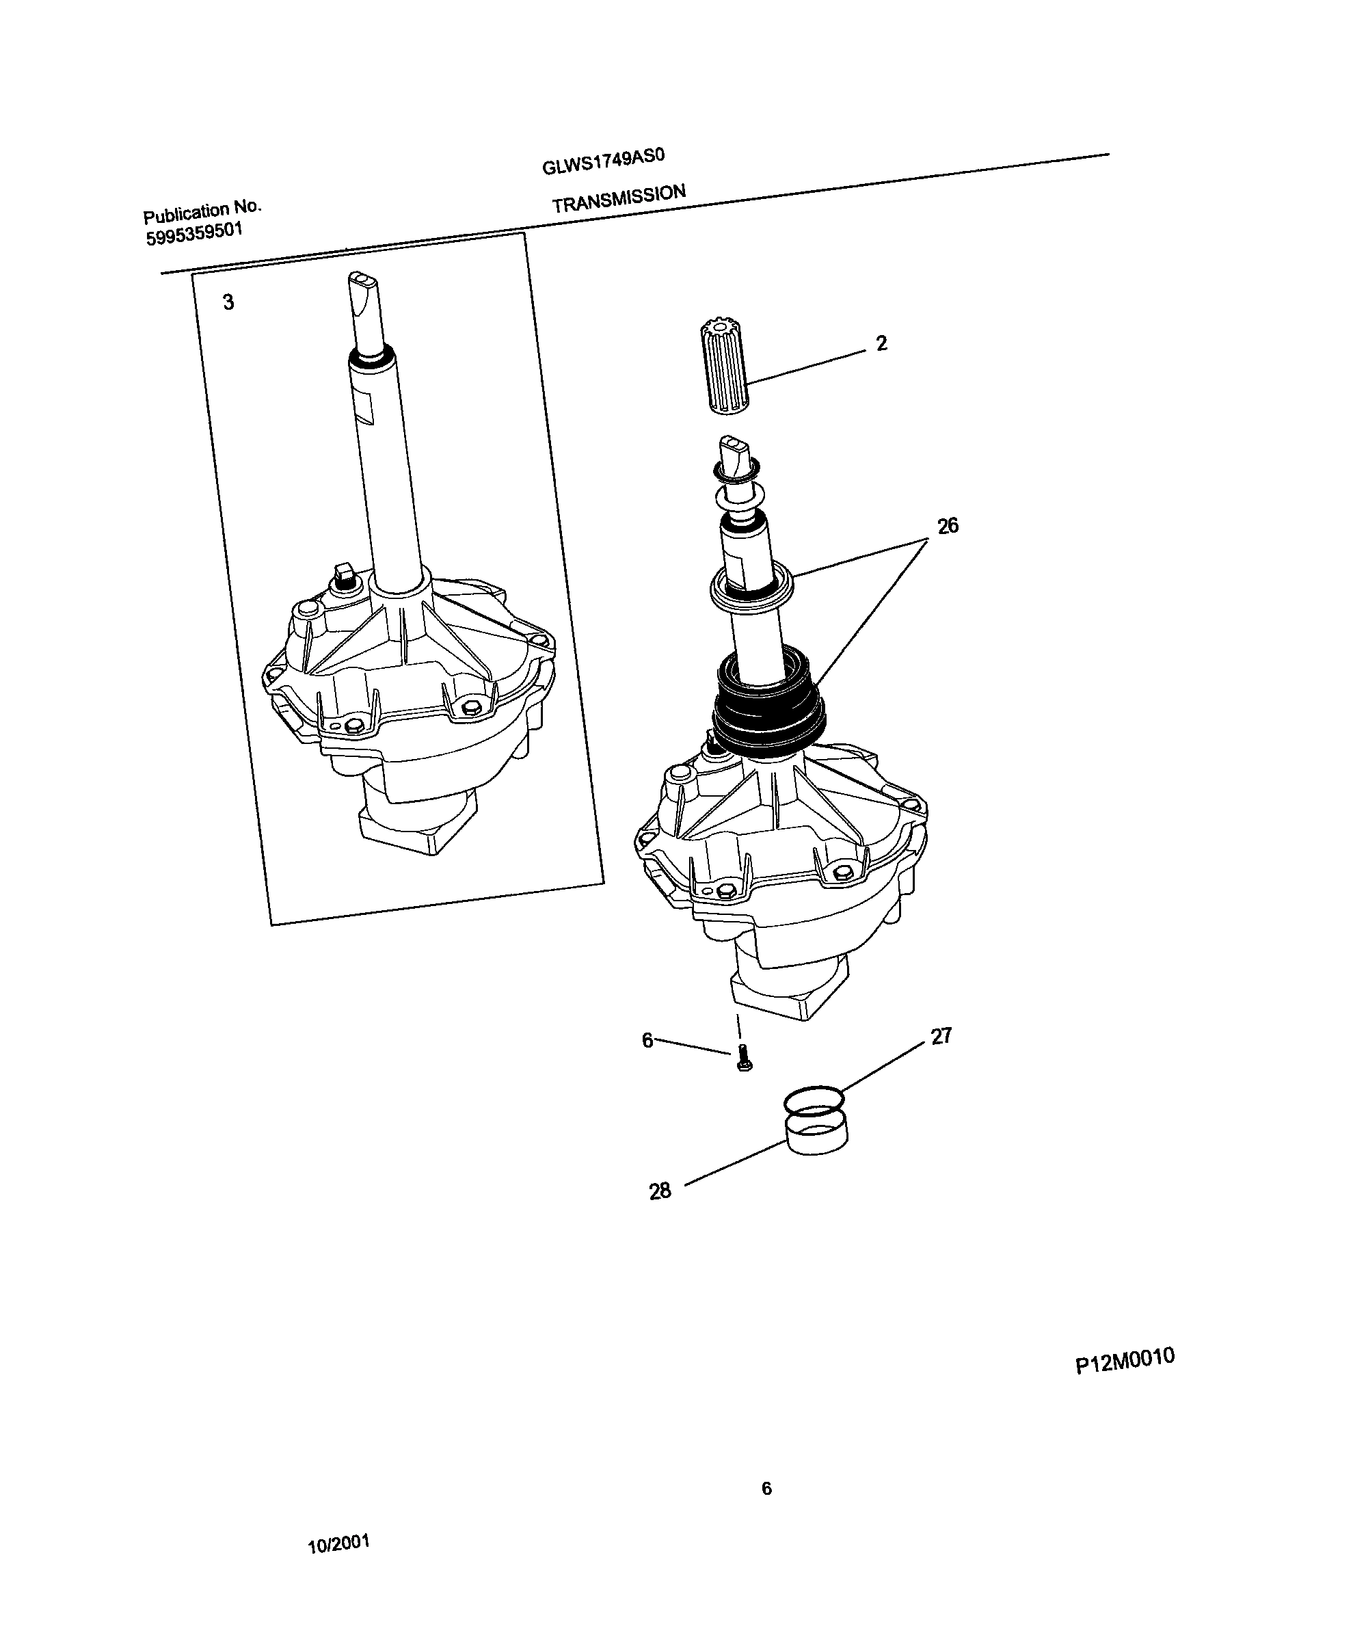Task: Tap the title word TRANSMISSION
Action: [x=619, y=198]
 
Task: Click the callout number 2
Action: [x=881, y=343]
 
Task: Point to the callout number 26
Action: [x=948, y=526]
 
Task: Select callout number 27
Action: [x=941, y=1036]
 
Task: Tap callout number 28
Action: [x=660, y=1191]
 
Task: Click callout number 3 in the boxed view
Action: [x=228, y=302]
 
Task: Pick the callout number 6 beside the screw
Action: [x=647, y=1040]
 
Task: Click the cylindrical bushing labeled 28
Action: [x=815, y=1136]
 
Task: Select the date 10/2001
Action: [x=338, y=1544]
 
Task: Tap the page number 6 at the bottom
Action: [x=766, y=1489]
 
